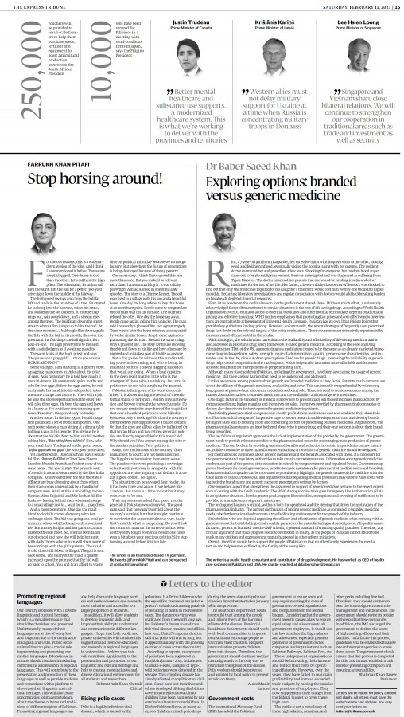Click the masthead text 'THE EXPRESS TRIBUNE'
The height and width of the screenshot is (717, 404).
33,5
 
